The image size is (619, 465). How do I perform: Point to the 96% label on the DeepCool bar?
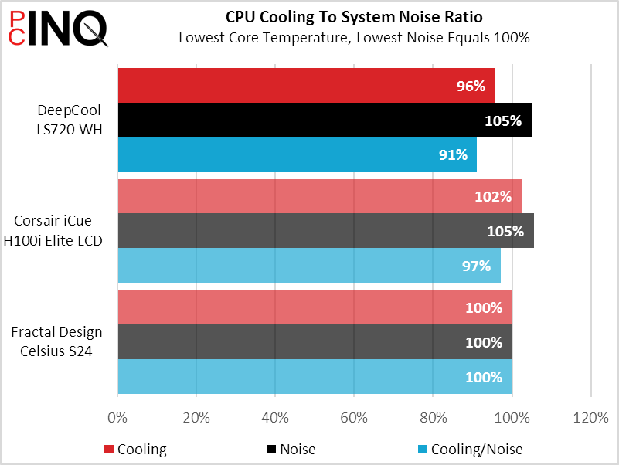[x=470, y=86]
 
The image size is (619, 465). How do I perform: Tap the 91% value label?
[x=453, y=154]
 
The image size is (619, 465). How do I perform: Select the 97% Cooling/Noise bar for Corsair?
[x=309, y=266]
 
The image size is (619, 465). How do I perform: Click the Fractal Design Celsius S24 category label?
[x=56, y=343]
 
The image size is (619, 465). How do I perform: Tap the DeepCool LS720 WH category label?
[x=69, y=120]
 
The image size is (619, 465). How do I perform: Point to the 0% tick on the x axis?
[x=117, y=418]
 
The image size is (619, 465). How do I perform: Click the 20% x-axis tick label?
[x=196, y=418]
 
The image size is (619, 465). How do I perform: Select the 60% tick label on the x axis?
[x=354, y=418]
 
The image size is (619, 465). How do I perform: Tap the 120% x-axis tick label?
[x=590, y=418]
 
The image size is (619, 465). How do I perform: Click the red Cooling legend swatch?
[x=108, y=450]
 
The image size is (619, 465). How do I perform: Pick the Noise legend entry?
[x=290, y=450]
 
